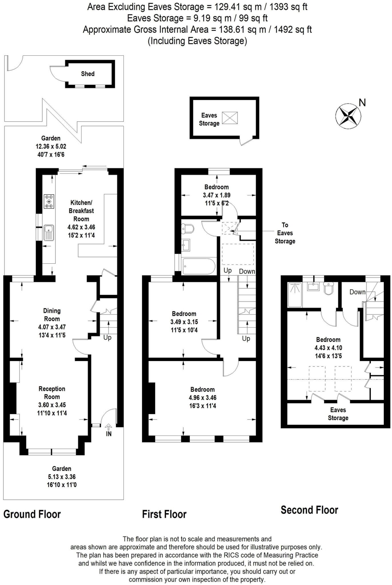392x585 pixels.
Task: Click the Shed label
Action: pos(87,74)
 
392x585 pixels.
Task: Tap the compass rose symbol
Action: pos(348,116)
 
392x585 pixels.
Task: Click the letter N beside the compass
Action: pos(362,103)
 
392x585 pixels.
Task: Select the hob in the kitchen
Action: pos(49,201)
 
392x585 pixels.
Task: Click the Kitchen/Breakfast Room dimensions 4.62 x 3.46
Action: pos(81,227)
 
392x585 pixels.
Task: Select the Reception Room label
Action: pos(52,393)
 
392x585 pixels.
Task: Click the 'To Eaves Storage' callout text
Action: pos(285,233)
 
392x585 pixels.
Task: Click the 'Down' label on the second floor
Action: pos(357,292)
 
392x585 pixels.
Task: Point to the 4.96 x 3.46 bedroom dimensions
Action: pos(202,398)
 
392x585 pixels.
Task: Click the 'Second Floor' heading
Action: pos(309,510)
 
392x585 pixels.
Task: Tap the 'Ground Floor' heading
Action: pos(32,514)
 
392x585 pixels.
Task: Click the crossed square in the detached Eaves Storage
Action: pos(230,118)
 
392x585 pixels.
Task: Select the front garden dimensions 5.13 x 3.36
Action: pos(62,477)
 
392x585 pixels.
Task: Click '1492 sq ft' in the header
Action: pos(293,29)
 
